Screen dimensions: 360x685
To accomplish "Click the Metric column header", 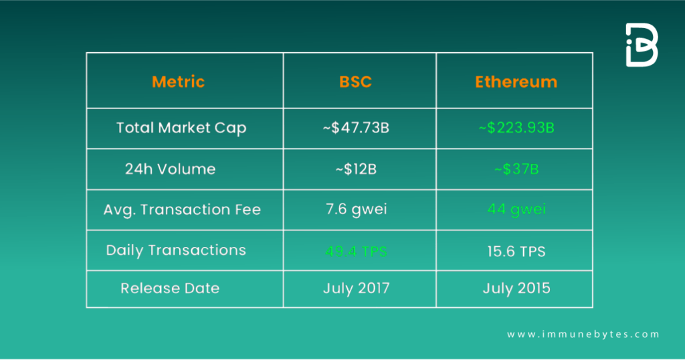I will (x=178, y=82).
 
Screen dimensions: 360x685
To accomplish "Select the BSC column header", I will (x=355, y=82).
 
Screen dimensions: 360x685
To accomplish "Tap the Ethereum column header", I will (x=516, y=82).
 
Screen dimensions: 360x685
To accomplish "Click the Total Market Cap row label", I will (x=181, y=128).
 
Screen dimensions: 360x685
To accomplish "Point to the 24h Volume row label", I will (x=170, y=169).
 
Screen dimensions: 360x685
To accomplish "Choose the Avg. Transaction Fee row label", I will (x=182, y=209).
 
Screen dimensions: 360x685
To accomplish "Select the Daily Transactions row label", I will (x=176, y=250).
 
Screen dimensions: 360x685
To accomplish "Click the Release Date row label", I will (x=170, y=288).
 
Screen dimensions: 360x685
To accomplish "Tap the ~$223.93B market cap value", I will (x=516, y=128).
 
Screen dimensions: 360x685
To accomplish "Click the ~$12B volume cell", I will (x=355, y=169).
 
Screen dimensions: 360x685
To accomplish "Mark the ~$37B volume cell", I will (x=516, y=169).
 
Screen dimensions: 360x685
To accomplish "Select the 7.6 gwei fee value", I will (x=355, y=209).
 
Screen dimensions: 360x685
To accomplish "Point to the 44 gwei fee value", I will (x=516, y=209).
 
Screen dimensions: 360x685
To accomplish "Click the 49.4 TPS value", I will (x=355, y=252).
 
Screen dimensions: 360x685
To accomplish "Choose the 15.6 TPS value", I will (x=516, y=252).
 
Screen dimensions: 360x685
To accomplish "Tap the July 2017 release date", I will (x=355, y=288).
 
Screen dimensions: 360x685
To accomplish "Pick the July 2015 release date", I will (x=516, y=288).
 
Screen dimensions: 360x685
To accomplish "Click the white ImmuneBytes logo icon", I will (x=641, y=46).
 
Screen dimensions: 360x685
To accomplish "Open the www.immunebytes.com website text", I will (x=583, y=335).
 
